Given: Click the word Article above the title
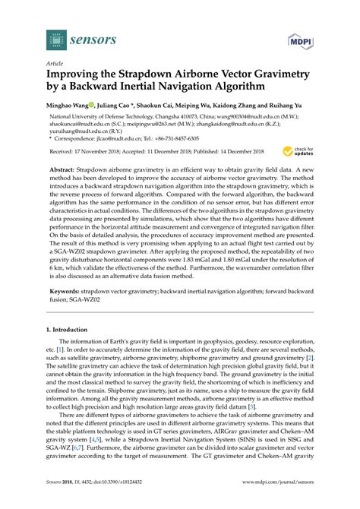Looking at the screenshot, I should (x=55, y=65).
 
